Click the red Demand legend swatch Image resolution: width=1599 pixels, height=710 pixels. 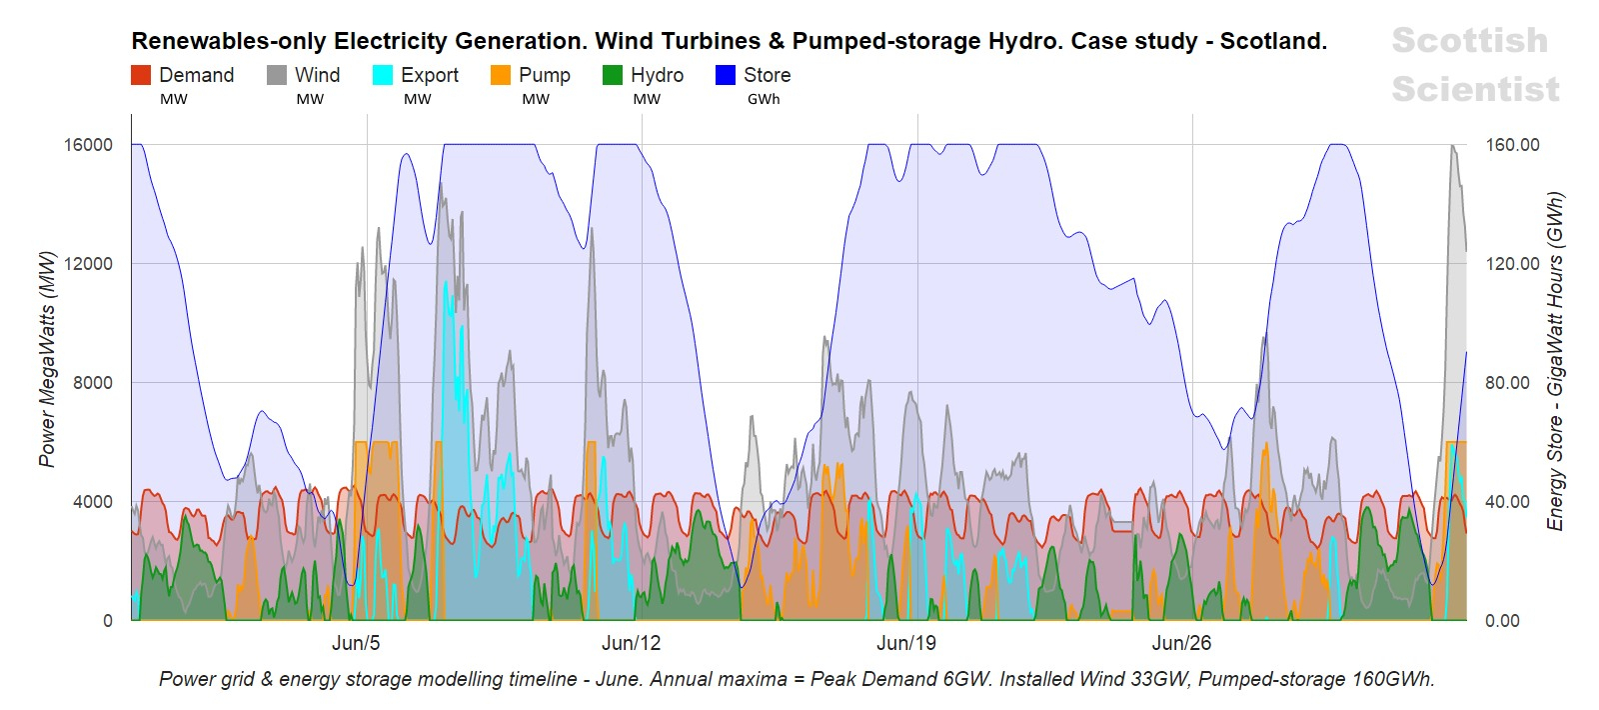[141, 75]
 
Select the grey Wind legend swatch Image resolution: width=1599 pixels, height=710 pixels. [277, 75]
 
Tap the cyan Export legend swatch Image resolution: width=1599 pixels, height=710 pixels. [383, 75]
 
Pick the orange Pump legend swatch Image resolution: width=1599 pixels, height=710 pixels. [501, 75]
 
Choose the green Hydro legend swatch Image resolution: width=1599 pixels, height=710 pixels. [613, 75]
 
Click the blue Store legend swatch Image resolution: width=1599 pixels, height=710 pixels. [726, 75]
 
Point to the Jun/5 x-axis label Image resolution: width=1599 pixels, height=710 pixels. [356, 643]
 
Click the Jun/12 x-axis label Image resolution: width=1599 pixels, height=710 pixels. [631, 643]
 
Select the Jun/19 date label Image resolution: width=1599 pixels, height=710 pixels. [906, 643]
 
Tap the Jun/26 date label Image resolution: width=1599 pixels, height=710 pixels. [1181, 643]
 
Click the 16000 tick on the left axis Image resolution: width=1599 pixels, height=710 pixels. [88, 145]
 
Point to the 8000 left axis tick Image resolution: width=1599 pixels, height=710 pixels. [93, 383]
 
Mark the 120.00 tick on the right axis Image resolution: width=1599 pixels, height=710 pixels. [1512, 264]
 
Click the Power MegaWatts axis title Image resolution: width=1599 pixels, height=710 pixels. [47, 358]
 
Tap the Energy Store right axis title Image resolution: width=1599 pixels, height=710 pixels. [1555, 360]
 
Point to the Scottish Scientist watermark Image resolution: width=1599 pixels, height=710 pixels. [1475, 64]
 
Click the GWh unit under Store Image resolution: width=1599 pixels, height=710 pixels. [764, 99]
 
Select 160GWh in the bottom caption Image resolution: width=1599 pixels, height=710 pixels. [1392, 679]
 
